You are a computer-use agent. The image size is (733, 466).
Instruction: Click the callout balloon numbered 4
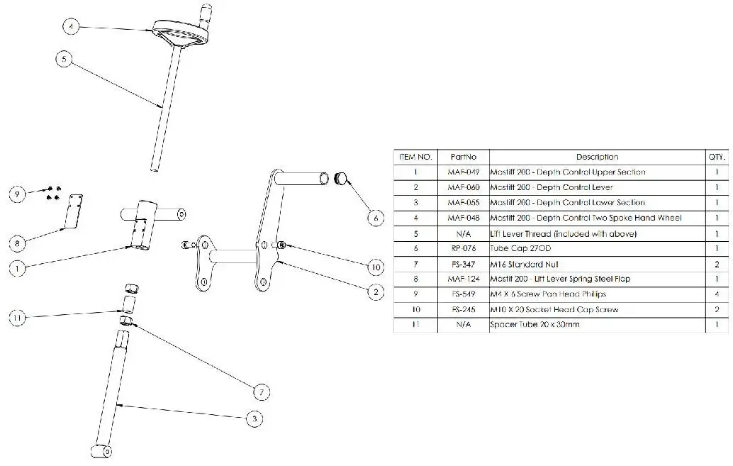pos(72,26)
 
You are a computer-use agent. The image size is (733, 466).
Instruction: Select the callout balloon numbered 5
pos(65,60)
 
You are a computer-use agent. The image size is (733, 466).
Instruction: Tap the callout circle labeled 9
pos(18,193)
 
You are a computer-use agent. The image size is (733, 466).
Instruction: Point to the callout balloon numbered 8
pos(18,243)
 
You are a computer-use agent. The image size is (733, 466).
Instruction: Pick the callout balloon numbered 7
pos(262,391)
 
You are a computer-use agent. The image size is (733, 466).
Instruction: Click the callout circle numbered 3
pos(253,419)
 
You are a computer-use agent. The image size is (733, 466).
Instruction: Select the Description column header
pos(597,157)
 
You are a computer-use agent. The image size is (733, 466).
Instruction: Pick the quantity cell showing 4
pos(717,294)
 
